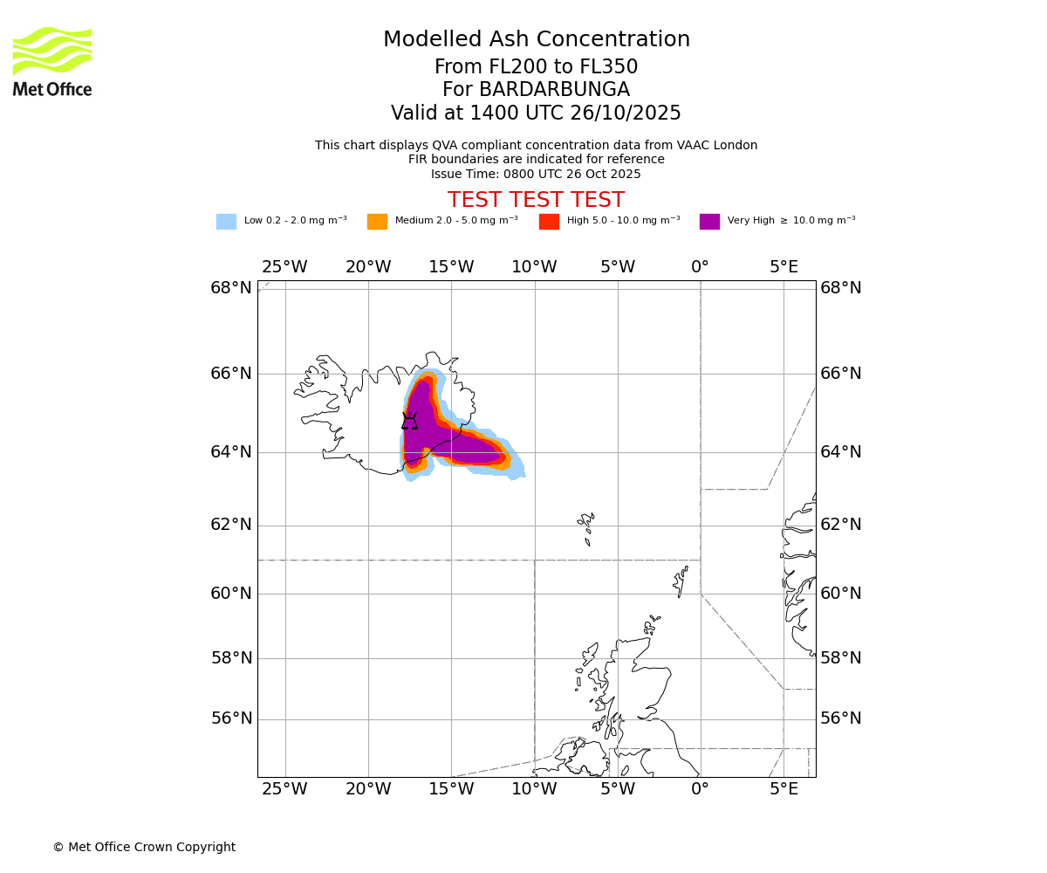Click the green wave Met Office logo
(52, 52)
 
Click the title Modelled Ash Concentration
(536, 40)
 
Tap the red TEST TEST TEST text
(536, 200)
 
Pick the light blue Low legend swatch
(226, 222)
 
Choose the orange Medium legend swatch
(377, 222)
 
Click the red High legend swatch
(549, 222)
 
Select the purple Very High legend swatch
(709, 222)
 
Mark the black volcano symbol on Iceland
(409, 422)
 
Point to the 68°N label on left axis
(230, 288)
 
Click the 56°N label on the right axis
(841, 718)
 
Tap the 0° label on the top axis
(700, 267)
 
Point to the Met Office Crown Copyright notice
(144, 847)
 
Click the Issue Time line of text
(536, 174)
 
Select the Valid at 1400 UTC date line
(536, 113)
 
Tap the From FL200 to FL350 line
(536, 67)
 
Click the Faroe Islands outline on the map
(586, 527)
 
